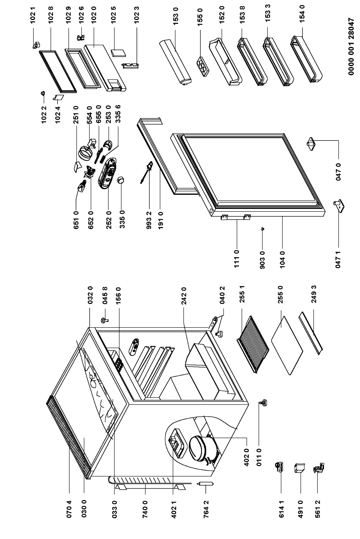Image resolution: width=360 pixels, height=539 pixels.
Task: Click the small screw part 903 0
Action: [262, 229]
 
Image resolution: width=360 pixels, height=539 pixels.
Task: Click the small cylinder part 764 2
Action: [205, 486]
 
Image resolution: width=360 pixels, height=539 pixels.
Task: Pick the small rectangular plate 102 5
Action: [116, 53]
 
